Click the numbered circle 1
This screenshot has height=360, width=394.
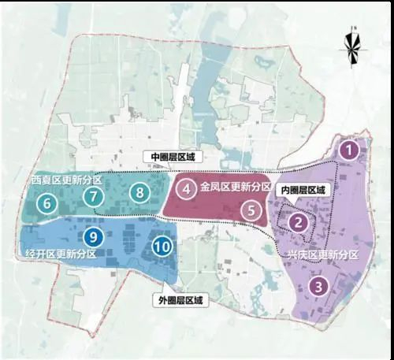pyautogui.click(x=348, y=147)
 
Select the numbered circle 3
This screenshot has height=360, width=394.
pyautogui.click(x=318, y=287)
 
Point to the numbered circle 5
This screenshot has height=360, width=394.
pyautogui.click(x=250, y=210)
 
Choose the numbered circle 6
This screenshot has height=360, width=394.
pyautogui.click(x=47, y=204)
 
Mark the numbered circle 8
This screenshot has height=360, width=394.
pyautogui.click(x=139, y=191)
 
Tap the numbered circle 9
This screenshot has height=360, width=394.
pyautogui.click(x=93, y=236)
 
